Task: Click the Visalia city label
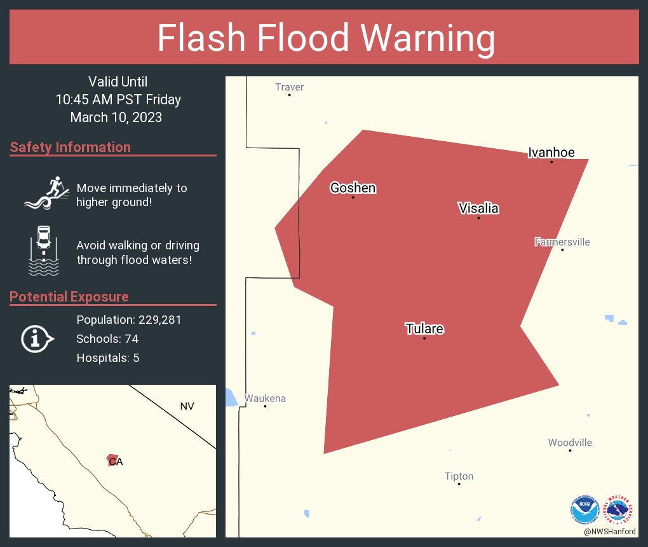[x=478, y=208]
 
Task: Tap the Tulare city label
[x=424, y=329]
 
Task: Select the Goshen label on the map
[x=353, y=188]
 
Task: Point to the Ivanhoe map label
[x=551, y=152]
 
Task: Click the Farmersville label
[x=562, y=242]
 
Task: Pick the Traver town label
[x=289, y=87]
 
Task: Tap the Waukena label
[x=265, y=398]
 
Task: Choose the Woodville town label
[x=570, y=443]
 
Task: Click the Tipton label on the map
[x=459, y=476]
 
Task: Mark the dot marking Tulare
[x=424, y=338]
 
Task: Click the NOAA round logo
[x=584, y=509]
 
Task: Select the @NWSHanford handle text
[x=610, y=531]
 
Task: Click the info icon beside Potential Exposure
[x=37, y=338]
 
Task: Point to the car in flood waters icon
[x=44, y=251]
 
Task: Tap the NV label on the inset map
[x=187, y=406]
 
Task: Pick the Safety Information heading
[x=71, y=147]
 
